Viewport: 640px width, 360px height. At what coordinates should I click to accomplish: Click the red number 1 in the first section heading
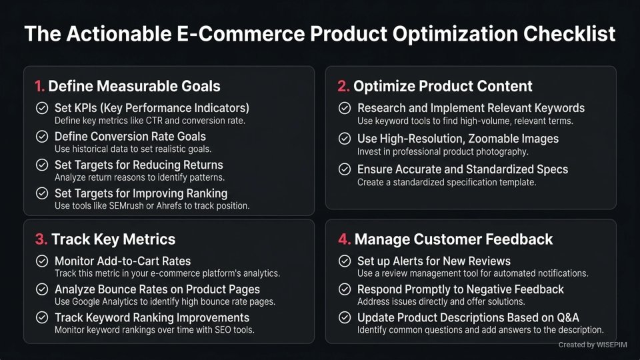[x=39, y=86]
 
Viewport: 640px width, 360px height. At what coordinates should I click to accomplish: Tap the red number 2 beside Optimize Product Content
[x=343, y=86]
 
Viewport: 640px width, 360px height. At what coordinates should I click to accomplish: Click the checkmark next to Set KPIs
[x=42, y=108]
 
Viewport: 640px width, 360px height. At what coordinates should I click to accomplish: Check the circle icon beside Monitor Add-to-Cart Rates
[x=42, y=261]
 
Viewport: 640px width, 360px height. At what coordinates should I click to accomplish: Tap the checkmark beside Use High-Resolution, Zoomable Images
[x=345, y=139]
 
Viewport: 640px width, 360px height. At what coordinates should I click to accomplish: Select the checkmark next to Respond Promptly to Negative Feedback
[x=345, y=289]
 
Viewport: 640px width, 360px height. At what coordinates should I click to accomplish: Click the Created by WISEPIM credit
[x=591, y=345]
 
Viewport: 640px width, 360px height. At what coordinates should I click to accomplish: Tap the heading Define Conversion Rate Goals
[x=130, y=136]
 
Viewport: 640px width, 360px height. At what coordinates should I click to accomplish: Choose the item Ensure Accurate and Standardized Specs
[x=463, y=169]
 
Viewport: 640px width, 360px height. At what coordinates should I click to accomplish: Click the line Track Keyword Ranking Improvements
[x=152, y=317]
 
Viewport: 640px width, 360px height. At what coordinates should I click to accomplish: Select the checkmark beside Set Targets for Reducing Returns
[x=42, y=165]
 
